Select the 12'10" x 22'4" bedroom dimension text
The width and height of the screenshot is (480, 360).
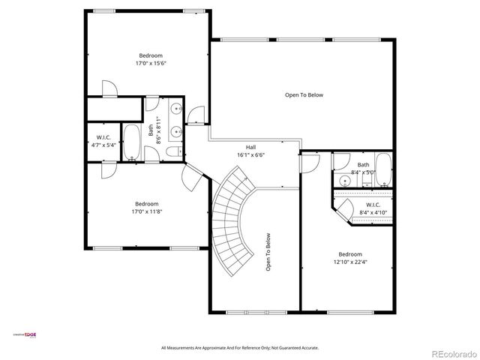(349, 262)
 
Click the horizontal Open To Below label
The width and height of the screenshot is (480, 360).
(304, 95)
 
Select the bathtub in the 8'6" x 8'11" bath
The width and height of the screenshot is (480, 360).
(133, 142)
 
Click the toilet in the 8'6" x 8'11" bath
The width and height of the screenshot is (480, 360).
(173, 152)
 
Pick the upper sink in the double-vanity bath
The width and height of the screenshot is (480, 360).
(176, 109)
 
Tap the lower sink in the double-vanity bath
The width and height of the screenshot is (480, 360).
(176, 133)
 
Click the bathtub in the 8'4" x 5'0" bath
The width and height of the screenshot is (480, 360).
(383, 169)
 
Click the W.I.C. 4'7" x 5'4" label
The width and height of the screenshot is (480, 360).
(103, 142)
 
